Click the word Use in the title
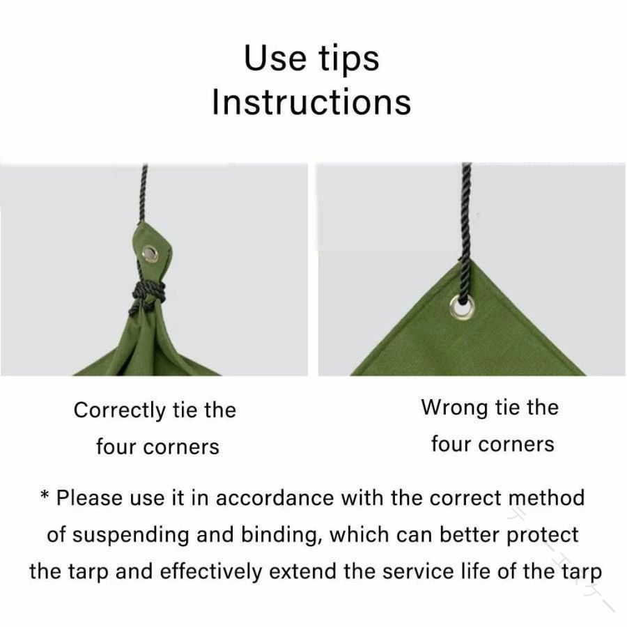274,59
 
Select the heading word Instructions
311,102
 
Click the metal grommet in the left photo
150,254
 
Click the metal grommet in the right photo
463,307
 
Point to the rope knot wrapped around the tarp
147,294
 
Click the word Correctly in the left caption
119,411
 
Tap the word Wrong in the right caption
454,408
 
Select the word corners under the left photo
181,447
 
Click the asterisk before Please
45,496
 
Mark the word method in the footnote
546,498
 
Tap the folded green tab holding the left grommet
152,256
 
